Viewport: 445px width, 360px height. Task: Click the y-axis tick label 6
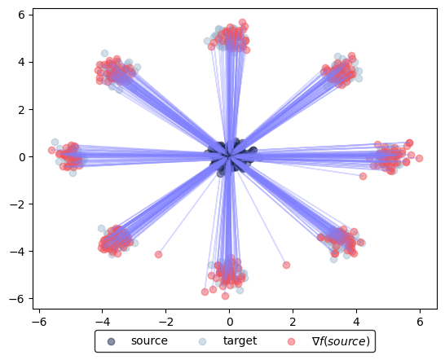click(21, 15)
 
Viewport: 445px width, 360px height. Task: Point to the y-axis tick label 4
click(21, 62)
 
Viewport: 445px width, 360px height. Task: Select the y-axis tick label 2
click(21, 109)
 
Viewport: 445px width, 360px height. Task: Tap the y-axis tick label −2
click(18, 204)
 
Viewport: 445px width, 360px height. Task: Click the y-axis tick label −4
click(18, 252)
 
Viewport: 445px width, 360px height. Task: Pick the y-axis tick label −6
click(18, 299)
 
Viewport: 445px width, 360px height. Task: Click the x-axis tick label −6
click(39, 322)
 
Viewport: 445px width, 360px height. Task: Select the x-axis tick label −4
click(102, 322)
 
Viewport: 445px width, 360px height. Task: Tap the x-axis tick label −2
click(165, 322)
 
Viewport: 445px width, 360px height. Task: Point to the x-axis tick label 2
click(293, 322)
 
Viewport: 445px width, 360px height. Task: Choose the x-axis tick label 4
click(356, 322)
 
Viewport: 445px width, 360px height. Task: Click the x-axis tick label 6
click(420, 322)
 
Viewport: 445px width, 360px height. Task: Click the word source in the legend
click(149, 341)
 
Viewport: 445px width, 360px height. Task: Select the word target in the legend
click(240, 341)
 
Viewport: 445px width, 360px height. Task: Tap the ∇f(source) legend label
click(341, 341)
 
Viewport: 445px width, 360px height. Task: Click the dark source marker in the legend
click(112, 341)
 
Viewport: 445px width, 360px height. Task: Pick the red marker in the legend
click(291, 341)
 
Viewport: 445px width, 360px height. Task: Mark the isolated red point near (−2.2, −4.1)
click(158, 254)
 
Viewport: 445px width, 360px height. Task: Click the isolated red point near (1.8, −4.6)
click(286, 265)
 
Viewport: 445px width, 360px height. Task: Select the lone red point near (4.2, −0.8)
click(363, 176)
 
